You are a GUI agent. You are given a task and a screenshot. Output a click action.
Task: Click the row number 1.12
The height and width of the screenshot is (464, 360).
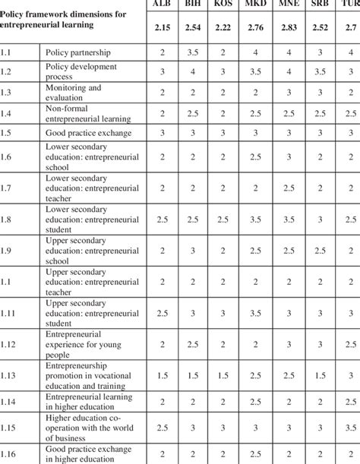tap(11, 343)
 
